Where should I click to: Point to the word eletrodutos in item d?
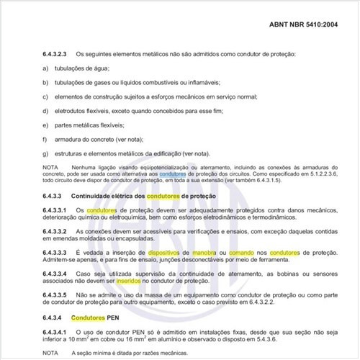click(81, 111)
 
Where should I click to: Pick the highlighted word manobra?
click(207, 253)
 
